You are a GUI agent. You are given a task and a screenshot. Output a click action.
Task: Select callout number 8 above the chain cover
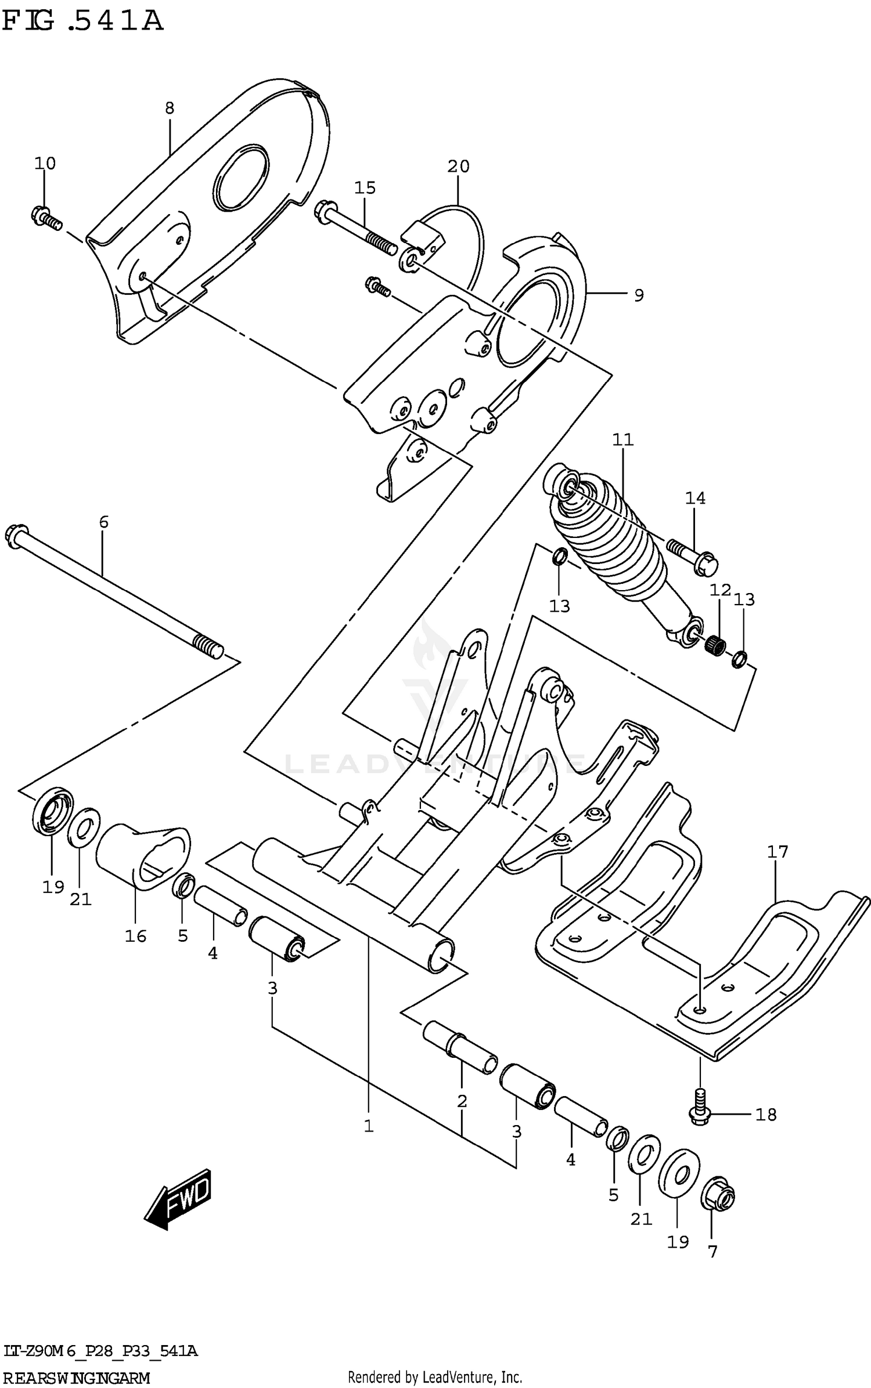pyautogui.click(x=169, y=108)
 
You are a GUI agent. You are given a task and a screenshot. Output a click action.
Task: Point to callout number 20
pyautogui.click(x=458, y=167)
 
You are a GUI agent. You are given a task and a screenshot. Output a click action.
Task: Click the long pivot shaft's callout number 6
pyautogui.click(x=103, y=522)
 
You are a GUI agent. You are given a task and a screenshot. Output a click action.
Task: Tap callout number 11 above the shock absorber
pyautogui.click(x=622, y=440)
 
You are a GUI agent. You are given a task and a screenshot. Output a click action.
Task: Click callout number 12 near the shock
pyautogui.click(x=720, y=591)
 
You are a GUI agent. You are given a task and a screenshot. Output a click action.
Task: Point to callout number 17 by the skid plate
pyautogui.click(x=778, y=852)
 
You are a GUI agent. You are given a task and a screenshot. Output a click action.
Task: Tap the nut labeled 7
pyautogui.click(x=718, y=1197)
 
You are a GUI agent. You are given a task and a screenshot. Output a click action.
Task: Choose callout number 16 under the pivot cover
pyautogui.click(x=136, y=936)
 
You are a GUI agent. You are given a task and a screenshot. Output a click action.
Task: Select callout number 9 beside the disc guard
pyautogui.click(x=639, y=295)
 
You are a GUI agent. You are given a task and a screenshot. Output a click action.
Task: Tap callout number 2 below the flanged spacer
pyautogui.click(x=462, y=1101)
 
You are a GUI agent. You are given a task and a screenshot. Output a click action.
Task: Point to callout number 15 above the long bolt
pyautogui.click(x=365, y=188)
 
